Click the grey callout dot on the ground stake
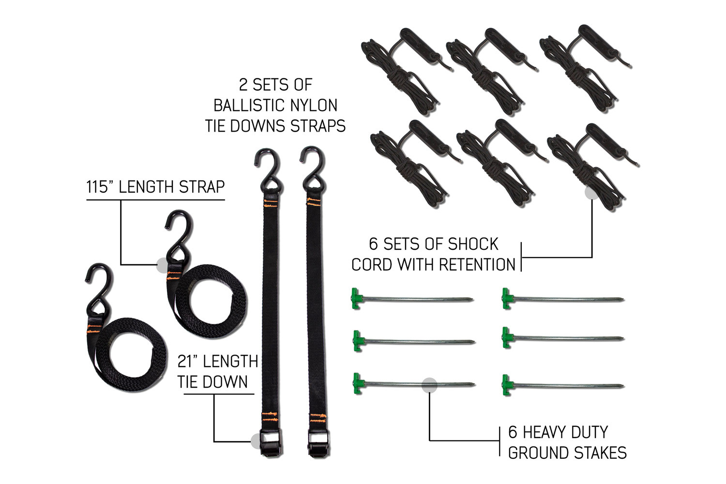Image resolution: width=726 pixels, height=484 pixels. click(x=429, y=385)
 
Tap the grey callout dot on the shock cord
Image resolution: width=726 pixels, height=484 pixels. click(x=592, y=192)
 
